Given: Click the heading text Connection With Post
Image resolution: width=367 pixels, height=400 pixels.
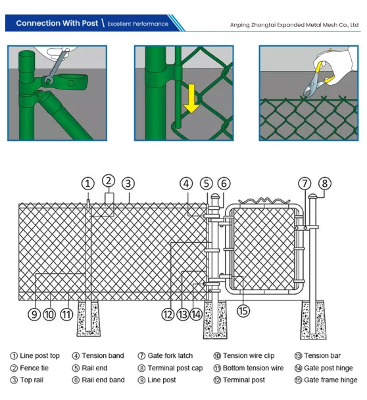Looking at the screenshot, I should tap(57, 24).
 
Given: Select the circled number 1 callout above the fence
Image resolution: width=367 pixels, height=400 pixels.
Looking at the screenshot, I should tap(88, 183).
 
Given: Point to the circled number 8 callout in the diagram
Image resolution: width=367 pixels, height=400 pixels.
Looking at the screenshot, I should tap(325, 184).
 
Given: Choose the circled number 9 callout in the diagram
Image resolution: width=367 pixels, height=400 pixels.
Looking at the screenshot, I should tap(34, 314).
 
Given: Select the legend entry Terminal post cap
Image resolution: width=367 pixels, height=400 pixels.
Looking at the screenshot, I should tap(170, 368).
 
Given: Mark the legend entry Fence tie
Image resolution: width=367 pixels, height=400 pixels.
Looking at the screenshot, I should tap(30, 368).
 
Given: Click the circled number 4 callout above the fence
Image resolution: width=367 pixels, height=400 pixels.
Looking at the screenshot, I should tap(187, 184).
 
